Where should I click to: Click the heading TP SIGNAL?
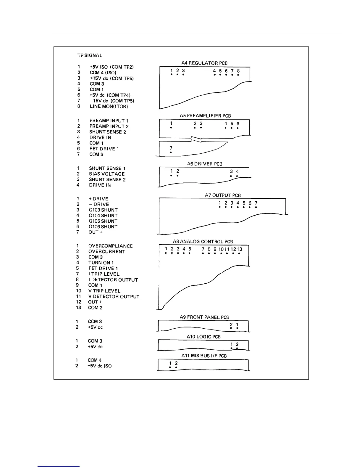click(x=90, y=55)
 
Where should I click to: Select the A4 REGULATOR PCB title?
click(x=204, y=63)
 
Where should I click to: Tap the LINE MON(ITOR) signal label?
click(x=109, y=106)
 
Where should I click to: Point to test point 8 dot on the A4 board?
click(x=238, y=75)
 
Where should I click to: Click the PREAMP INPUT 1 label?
click(x=109, y=121)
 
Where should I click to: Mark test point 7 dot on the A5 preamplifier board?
click(x=171, y=152)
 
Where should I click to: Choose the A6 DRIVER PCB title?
click(x=204, y=164)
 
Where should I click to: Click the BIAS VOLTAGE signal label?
click(x=107, y=174)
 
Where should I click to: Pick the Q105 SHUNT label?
click(x=103, y=221)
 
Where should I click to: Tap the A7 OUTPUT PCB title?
click(x=223, y=195)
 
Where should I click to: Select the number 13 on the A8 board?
click(x=240, y=249)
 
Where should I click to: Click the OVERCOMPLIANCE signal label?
click(x=110, y=246)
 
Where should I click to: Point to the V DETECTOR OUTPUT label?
click(x=114, y=296)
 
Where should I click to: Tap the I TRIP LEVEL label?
click(x=104, y=274)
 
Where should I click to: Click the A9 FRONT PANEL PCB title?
click(x=204, y=317)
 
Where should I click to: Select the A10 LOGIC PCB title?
click(x=203, y=337)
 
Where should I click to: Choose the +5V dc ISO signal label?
click(x=100, y=366)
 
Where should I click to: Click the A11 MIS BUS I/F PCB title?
click(x=204, y=356)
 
